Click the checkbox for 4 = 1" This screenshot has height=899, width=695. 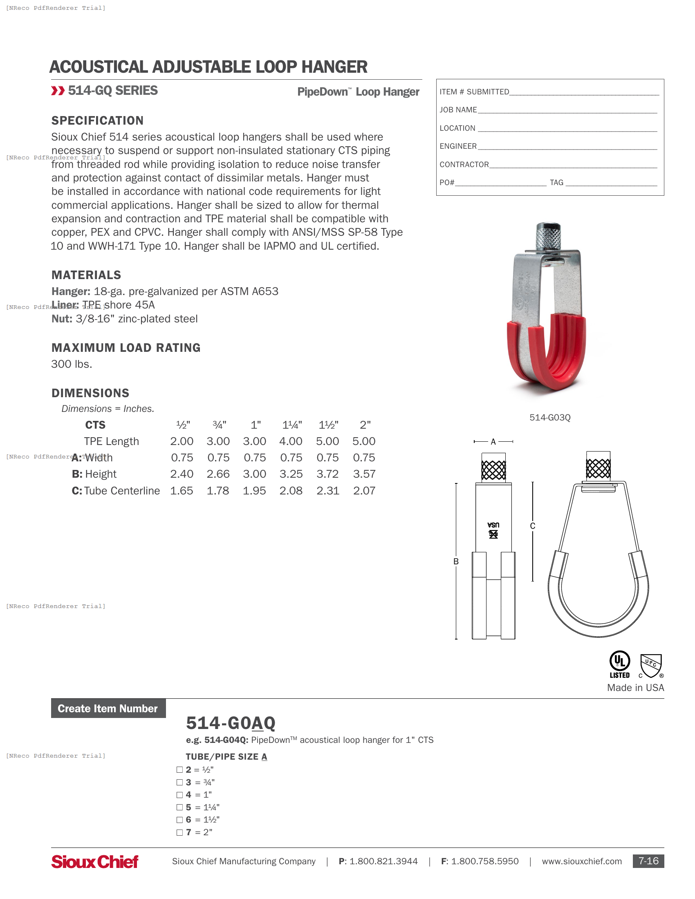coord(179,795)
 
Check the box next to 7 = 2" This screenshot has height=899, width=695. coord(179,832)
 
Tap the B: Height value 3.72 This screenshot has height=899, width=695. coord(327,474)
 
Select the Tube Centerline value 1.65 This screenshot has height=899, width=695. coord(182,491)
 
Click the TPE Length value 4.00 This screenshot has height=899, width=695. coord(291,441)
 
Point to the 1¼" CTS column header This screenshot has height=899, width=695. coord(292,425)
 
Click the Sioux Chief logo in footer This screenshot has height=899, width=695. coord(95,861)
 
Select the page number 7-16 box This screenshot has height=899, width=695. coord(648,861)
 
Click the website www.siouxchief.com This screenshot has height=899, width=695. coord(581,861)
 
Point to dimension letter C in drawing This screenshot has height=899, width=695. coord(532,526)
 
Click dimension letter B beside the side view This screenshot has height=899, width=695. coord(456,561)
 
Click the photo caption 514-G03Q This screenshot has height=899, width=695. coord(549,417)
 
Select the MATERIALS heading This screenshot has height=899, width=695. coord(86,275)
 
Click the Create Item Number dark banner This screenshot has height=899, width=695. coord(108,709)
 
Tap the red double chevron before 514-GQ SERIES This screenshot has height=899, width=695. coord(58,91)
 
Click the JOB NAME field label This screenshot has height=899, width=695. coord(458,110)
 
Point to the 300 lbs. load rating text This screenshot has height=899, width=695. coord(72,364)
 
